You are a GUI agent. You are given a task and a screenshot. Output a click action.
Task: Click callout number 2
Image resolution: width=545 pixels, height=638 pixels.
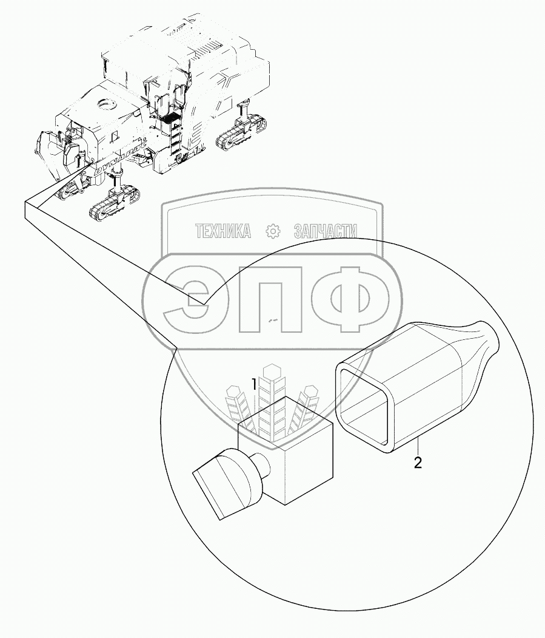[417, 463]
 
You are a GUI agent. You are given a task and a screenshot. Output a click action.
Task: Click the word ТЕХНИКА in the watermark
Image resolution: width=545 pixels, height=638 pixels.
[222, 231]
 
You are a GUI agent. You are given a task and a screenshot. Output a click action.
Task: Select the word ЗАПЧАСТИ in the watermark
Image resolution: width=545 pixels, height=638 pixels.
[325, 231]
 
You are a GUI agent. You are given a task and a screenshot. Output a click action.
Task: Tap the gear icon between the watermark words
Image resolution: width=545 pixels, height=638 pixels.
[273, 231]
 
